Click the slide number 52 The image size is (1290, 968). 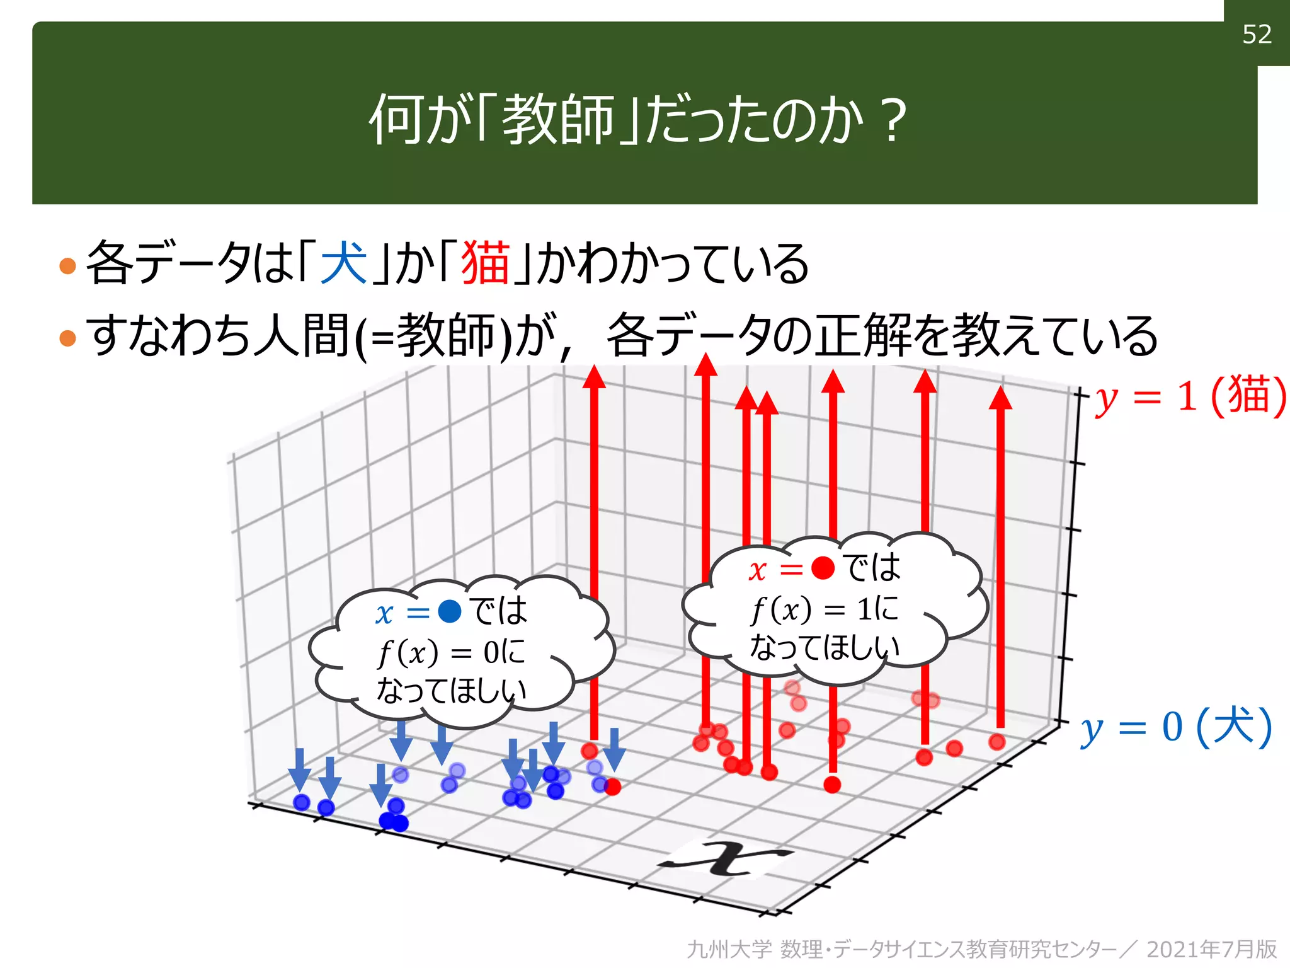pyautogui.click(x=1257, y=35)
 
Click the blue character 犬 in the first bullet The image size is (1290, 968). pyautogui.click(x=344, y=263)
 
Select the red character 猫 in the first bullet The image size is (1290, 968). pyautogui.click(x=485, y=263)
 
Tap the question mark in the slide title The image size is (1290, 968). pyautogui.click(x=894, y=120)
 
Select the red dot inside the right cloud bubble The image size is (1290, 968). pyautogui.click(x=823, y=568)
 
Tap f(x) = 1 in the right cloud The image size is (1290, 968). pyautogui.click(x=813, y=609)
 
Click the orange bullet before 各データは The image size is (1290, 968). pyautogui.click(x=67, y=265)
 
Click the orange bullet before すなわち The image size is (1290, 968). pyautogui.click(x=67, y=338)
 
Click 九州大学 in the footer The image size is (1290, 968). pyautogui.click(x=729, y=949)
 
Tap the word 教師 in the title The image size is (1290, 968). pyautogui.click(x=558, y=120)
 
